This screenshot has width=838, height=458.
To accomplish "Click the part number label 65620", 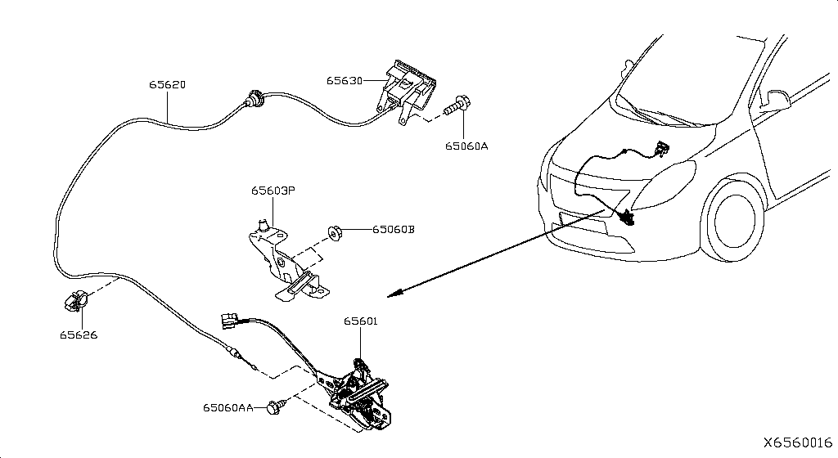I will [167, 85].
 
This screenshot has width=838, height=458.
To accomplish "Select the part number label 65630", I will [344, 80].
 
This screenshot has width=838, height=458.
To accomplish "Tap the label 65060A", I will [466, 146].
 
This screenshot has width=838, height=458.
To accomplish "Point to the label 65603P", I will [273, 191].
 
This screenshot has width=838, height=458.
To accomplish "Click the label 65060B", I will [393, 230].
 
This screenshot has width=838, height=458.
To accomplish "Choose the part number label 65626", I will [78, 335].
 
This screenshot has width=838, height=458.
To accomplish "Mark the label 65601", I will [361, 322].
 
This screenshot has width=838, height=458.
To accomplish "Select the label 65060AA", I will [228, 406].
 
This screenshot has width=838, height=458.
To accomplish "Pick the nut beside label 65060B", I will [335, 231].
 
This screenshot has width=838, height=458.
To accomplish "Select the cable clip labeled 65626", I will [74, 301].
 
